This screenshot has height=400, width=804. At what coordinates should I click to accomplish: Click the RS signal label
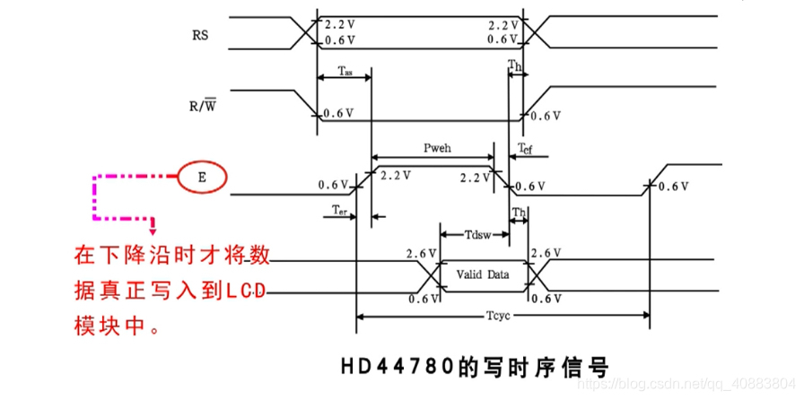[201, 36]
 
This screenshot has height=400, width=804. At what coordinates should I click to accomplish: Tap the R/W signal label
[204, 107]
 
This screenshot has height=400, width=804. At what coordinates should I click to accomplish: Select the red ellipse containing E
[202, 178]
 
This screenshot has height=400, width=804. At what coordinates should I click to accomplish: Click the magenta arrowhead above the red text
[153, 226]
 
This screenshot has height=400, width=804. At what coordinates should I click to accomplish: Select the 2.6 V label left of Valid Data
[421, 255]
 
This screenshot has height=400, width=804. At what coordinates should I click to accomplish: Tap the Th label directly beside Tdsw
[519, 213]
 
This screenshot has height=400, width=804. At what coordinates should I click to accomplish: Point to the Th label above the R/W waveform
[514, 65]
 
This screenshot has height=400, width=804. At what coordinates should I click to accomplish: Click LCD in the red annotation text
[244, 290]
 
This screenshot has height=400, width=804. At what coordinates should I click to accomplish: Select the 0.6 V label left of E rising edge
[333, 186]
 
